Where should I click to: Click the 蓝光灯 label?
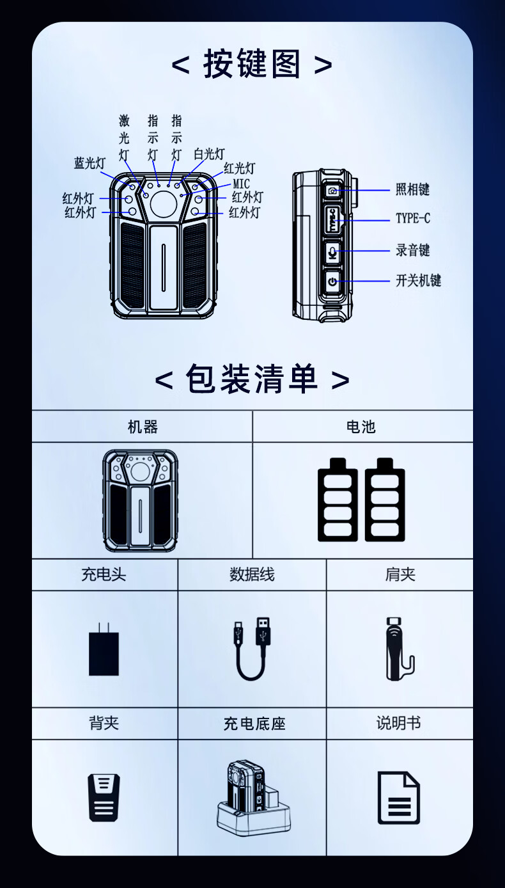pos(90,163)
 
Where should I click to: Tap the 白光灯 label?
pos(209,154)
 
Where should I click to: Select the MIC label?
pos(241,184)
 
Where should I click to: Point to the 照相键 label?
pos(413,189)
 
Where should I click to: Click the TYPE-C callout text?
pos(413,218)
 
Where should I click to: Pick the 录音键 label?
pos(413,250)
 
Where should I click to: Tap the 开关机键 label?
pos(418,281)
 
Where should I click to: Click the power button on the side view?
pos(332,281)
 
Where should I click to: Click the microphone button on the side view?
pos(332,251)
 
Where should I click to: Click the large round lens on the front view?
pos(164,203)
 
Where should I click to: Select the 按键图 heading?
pos(252,63)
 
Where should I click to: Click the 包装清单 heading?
pos(252,379)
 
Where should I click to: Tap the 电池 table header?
pos(361,427)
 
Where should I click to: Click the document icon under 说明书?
pos(398,798)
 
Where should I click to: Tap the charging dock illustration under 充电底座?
pos(254,798)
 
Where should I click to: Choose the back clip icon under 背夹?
pos(104,798)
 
